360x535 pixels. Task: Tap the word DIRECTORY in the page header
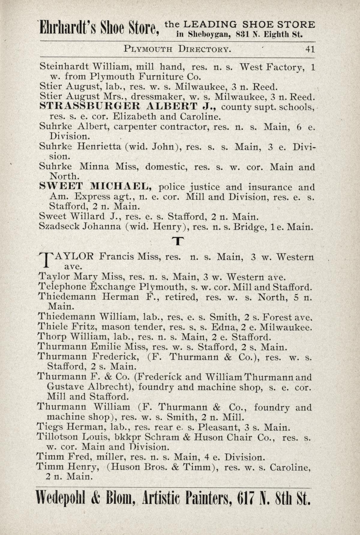point(204,49)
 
